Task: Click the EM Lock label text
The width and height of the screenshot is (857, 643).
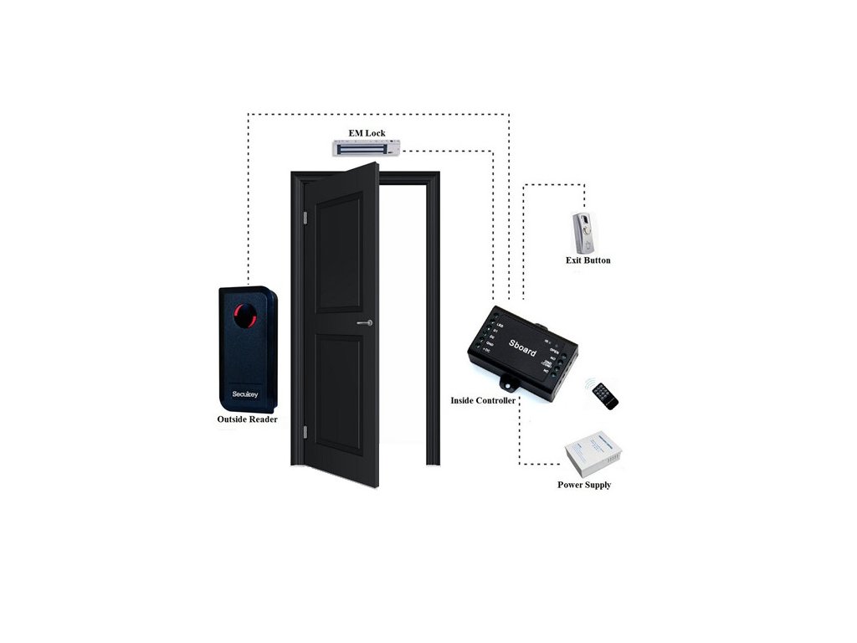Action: coord(367,133)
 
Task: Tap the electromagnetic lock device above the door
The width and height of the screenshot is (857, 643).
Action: coord(367,148)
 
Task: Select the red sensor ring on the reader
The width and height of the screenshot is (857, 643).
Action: coord(244,316)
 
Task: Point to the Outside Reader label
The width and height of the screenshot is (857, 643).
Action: coord(247,419)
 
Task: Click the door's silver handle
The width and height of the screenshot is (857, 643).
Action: coord(364,322)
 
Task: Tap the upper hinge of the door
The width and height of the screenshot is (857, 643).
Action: coord(305,219)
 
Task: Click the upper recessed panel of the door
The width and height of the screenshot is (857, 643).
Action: coord(338,251)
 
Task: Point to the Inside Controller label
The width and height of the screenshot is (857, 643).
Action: coord(483,400)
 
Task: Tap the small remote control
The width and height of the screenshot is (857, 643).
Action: coord(603,395)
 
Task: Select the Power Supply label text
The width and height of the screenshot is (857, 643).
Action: coord(584,485)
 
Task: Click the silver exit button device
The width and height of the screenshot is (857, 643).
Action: coord(583,232)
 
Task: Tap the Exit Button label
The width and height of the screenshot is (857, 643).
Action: coord(588,260)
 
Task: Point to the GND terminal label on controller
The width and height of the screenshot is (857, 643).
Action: coord(490,343)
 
